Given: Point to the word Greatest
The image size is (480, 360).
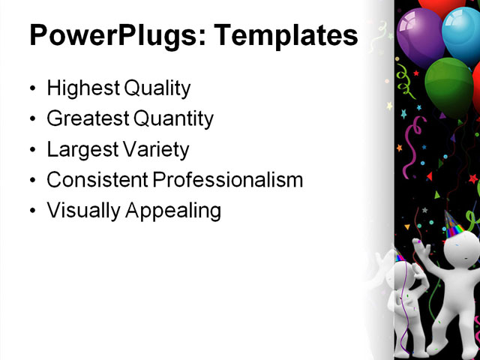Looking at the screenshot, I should tap(86, 118).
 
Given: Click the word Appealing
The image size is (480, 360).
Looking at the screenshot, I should tap(175, 211).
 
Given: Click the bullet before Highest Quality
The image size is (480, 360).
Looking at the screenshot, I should tap(32, 89).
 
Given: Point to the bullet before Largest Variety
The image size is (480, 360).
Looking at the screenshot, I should tap(32, 150).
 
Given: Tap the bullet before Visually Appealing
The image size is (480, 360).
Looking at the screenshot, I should tap(32, 211).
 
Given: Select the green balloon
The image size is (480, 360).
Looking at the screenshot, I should tap(448, 86).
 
